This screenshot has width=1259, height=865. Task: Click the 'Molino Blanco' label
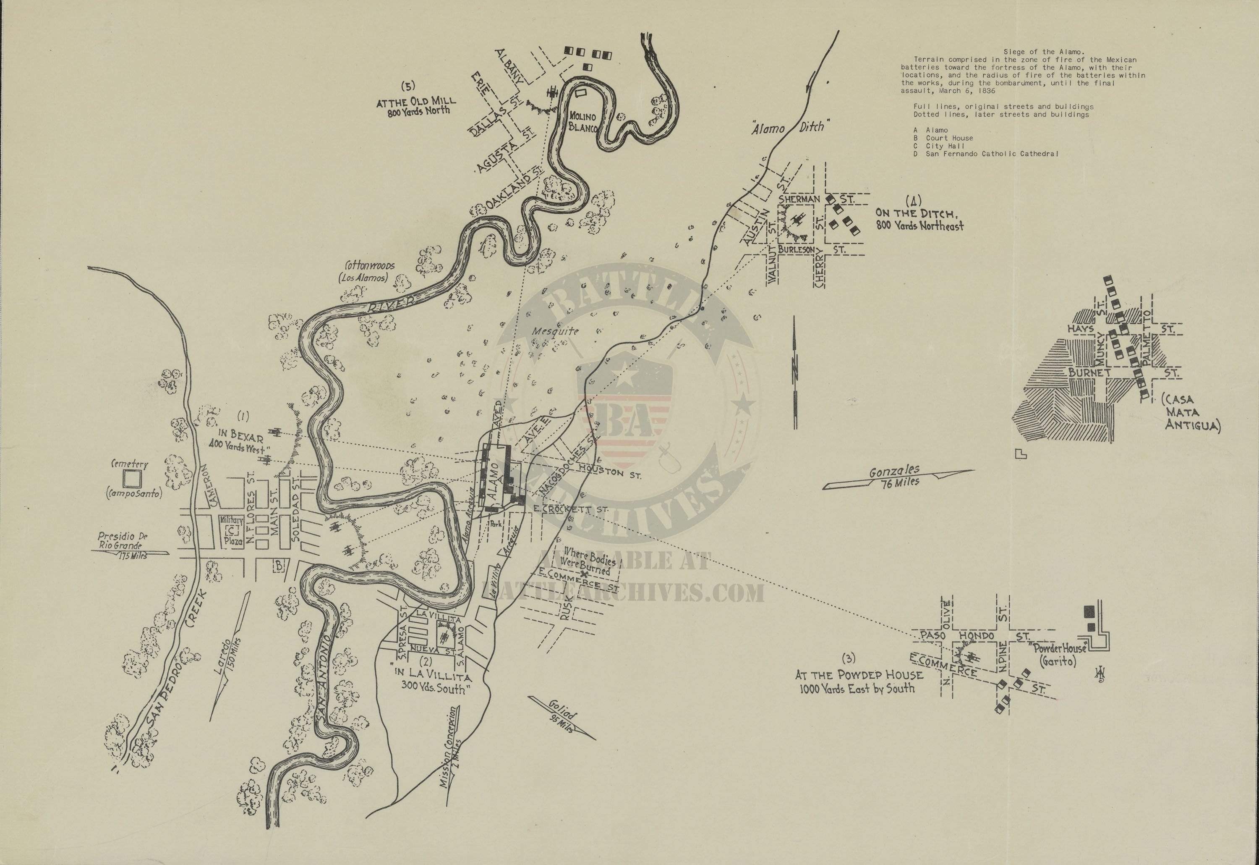[583, 122]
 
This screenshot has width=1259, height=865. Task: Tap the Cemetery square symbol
[132, 479]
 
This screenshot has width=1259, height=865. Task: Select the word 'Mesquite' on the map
[548, 331]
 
